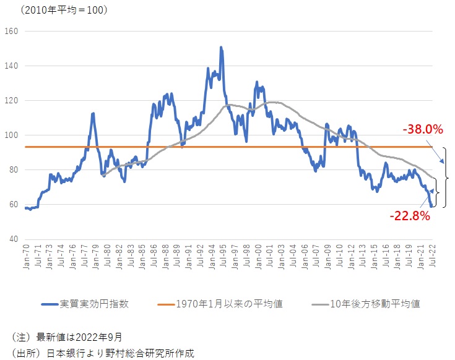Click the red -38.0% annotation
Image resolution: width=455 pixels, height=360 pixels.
423,130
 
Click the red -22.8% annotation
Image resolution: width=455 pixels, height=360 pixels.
409,216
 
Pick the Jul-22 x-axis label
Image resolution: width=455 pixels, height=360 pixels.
431,255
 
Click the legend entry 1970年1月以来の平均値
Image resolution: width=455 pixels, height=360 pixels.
229,304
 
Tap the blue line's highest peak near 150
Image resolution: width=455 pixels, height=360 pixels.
221,48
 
